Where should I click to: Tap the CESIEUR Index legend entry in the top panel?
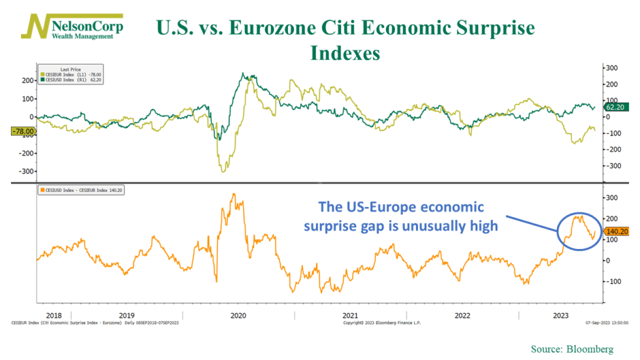click(70, 74)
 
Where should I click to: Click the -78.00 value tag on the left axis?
click(22, 131)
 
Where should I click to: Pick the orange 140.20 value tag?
click(616, 231)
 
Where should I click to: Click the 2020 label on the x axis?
click(238, 315)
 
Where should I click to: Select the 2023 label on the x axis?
click(560, 315)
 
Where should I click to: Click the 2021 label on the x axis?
click(350, 315)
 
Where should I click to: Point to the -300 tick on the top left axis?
click(25, 171)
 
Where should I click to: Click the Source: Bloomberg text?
click(573, 349)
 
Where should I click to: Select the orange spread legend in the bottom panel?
click(82, 190)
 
